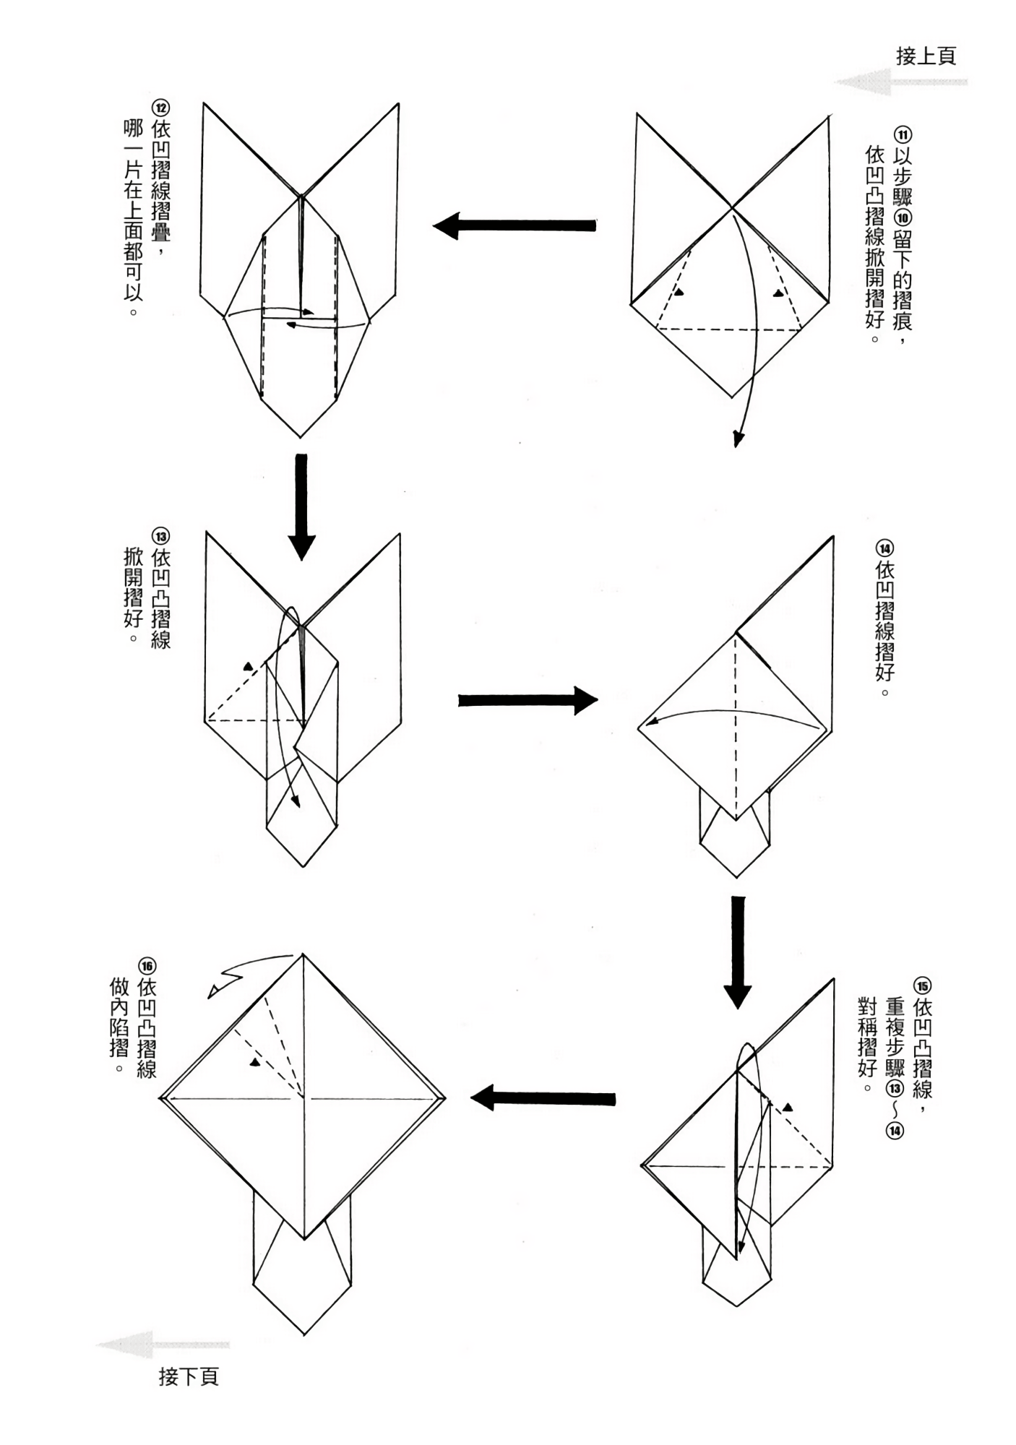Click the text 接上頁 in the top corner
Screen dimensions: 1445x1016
[926, 56]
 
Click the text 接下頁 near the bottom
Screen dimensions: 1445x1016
[188, 1376]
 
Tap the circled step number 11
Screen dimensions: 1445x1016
[903, 135]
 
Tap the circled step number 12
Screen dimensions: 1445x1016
[160, 108]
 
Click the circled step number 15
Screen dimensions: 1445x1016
[922, 987]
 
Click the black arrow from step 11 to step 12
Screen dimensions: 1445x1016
[515, 226]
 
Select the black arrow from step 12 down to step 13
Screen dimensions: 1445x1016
[301, 506]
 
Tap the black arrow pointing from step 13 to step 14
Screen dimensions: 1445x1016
[528, 700]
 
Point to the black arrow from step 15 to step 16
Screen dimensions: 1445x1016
[543, 1099]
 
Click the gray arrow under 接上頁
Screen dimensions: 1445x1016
[900, 82]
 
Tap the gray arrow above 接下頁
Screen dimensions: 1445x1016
[163, 1345]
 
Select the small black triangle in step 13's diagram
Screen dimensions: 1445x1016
[249, 666]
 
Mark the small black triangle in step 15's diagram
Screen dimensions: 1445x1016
[788, 1106]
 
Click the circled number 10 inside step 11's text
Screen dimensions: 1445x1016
[903, 217]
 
